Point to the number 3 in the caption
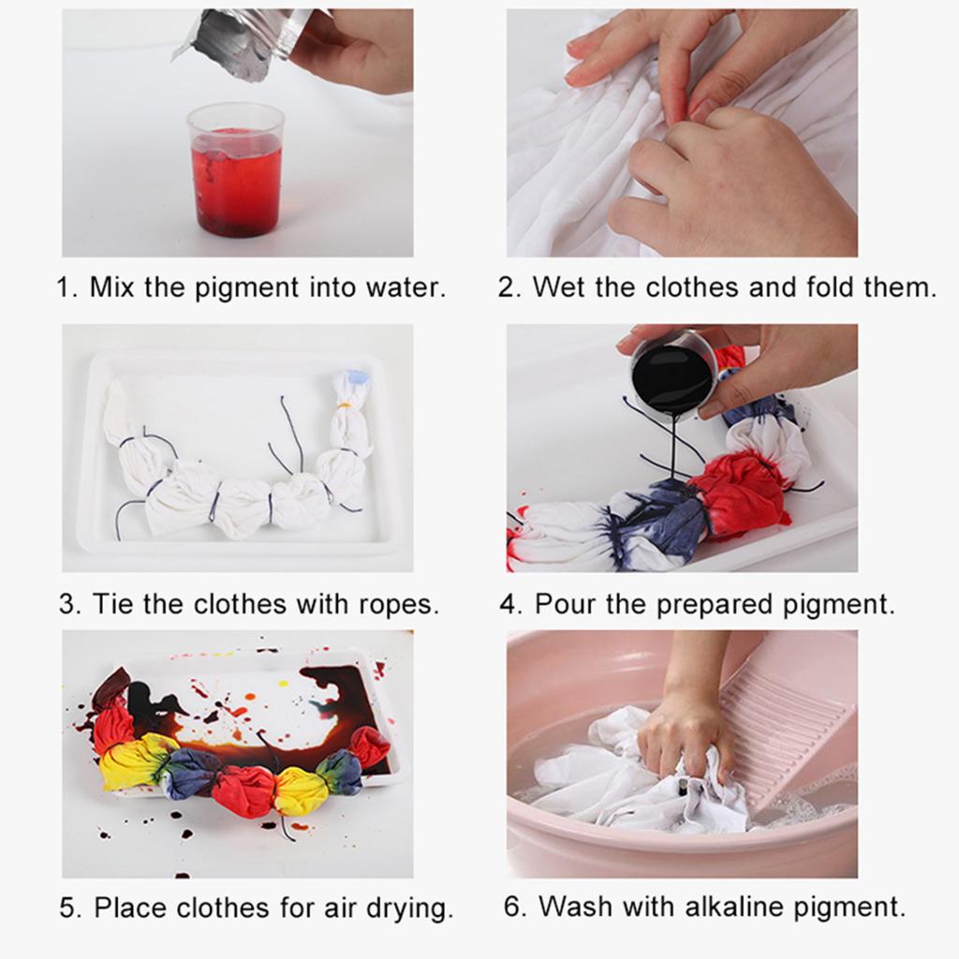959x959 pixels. (x=69, y=604)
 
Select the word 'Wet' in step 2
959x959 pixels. (x=559, y=288)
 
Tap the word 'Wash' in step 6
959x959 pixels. (x=580, y=907)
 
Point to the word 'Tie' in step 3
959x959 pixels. (x=112, y=604)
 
